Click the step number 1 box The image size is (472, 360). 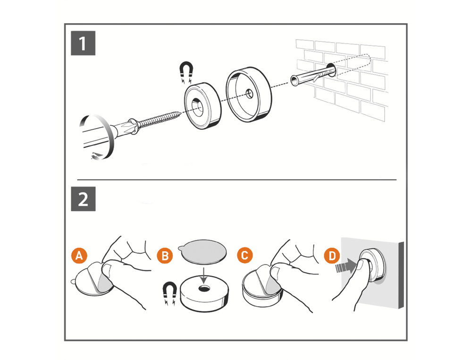tap(83, 44)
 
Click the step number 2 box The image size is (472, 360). tap(83, 199)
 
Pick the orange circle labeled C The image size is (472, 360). tap(244, 256)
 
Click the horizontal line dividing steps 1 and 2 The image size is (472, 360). tap(236, 180)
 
